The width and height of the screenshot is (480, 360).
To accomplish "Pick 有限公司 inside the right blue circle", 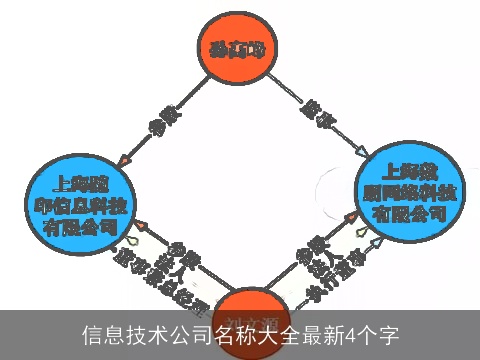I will click(408, 214).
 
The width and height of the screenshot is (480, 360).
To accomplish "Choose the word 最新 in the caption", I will click(319, 334).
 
